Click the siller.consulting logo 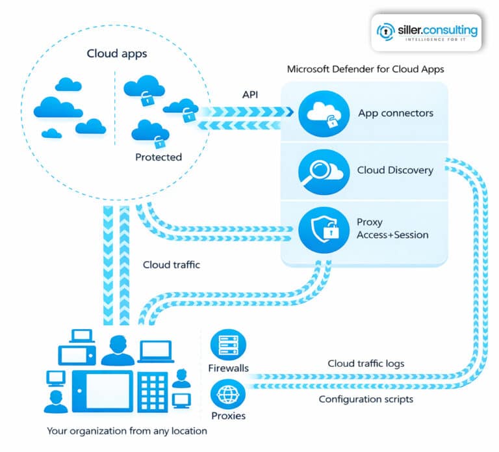tap(427, 31)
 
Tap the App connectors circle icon tap(320, 113)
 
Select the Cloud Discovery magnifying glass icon tap(320, 171)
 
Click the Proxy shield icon tap(320, 228)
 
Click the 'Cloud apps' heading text tap(116, 53)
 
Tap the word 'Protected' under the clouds tap(159, 157)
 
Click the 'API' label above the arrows tap(251, 94)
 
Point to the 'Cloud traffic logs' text tap(365, 364)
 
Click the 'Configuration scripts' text tap(366, 399)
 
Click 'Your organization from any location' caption tap(127, 430)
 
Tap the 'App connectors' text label tap(396, 113)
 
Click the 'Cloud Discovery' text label tap(395, 170)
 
